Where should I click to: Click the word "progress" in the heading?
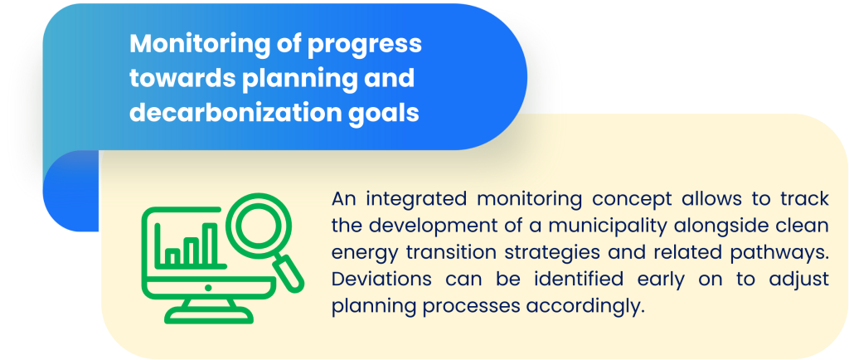pos(365,46)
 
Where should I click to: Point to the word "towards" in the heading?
pos(180,79)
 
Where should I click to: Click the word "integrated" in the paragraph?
pos(416,199)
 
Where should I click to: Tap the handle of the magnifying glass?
pos(288,271)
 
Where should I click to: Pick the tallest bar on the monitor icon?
pos(206,245)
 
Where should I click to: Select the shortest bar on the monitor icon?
pos(172,256)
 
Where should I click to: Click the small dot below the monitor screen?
pos(207,288)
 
